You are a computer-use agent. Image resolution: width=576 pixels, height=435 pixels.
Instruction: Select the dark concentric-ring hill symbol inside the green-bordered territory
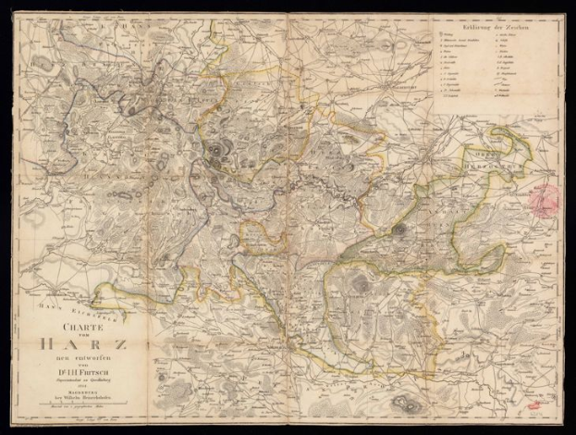pos(401,229)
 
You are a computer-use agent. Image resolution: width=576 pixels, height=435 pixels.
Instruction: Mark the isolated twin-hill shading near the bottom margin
pos(404,402)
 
